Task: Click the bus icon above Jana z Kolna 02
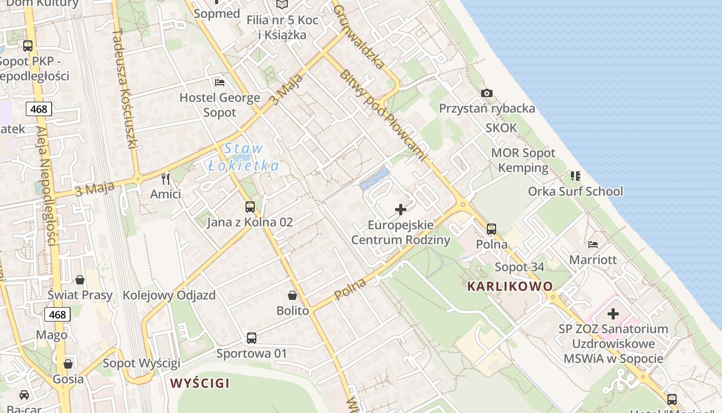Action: tap(250, 207)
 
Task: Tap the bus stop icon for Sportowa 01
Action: tap(252, 338)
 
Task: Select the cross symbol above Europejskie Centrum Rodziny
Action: tap(400, 210)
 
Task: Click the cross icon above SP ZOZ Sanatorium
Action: tap(613, 313)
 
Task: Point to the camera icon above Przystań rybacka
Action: tap(486, 93)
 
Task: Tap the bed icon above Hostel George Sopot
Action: tap(220, 83)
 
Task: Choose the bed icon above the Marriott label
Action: tap(593, 244)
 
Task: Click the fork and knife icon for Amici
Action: tap(166, 179)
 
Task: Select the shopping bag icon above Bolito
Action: tap(292, 295)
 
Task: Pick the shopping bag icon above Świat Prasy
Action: tap(80, 280)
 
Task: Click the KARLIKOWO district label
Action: tap(510, 286)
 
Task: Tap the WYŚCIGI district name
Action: tap(200, 383)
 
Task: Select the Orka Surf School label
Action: tap(575, 192)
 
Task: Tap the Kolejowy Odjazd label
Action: tap(169, 296)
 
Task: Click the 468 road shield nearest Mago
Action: tap(57, 314)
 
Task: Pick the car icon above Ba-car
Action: tap(24, 395)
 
